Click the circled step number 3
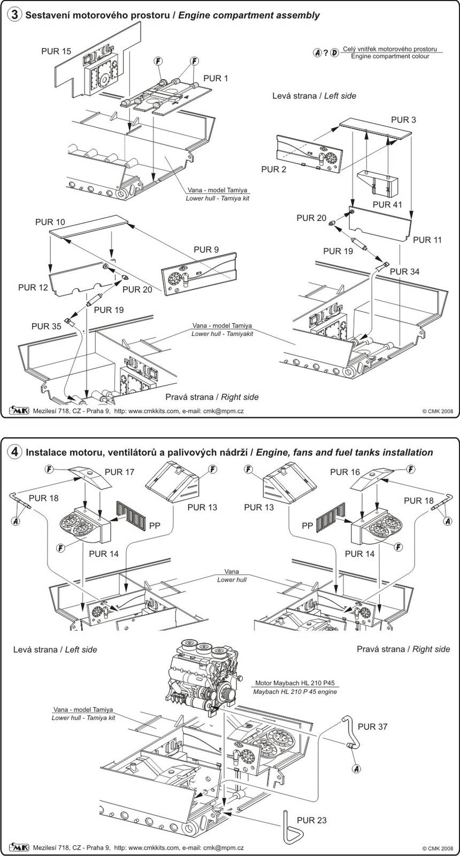click(16, 15)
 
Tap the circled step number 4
click(16, 452)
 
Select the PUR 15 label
click(56, 51)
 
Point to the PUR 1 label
click(216, 78)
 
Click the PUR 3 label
click(403, 120)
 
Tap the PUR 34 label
click(404, 271)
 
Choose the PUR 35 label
click(47, 326)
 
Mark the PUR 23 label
click(312, 820)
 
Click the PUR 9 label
click(206, 249)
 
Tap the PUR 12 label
click(33, 287)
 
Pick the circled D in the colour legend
click(334, 52)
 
